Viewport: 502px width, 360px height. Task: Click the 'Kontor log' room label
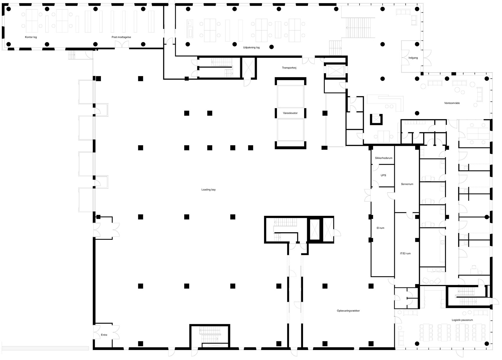pyautogui.click(x=31, y=37)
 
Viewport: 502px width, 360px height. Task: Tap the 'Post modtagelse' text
pyautogui.click(x=121, y=37)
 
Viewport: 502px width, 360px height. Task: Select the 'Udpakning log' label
pyautogui.click(x=251, y=48)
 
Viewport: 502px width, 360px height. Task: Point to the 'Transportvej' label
pyautogui.click(x=289, y=68)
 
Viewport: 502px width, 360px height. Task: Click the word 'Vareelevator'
pyautogui.click(x=290, y=113)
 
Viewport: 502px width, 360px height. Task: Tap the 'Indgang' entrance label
pyautogui.click(x=413, y=58)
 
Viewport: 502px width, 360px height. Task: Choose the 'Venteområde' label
pyautogui.click(x=452, y=103)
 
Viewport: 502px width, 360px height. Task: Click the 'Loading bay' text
pyautogui.click(x=208, y=190)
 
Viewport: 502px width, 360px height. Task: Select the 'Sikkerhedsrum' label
pyautogui.click(x=384, y=158)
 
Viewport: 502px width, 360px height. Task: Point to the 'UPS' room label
pyautogui.click(x=383, y=175)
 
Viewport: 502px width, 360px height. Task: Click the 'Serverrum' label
pyautogui.click(x=407, y=184)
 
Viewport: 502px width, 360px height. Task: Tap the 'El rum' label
pyautogui.click(x=380, y=228)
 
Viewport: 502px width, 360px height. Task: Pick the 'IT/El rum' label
pyautogui.click(x=405, y=253)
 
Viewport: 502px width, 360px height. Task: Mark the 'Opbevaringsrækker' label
pyautogui.click(x=348, y=311)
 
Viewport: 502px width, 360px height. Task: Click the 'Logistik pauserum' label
pyautogui.click(x=462, y=320)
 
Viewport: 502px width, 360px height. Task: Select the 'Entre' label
pyautogui.click(x=104, y=335)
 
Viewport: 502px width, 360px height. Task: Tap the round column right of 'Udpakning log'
pyautogui.click(x=271, y=47)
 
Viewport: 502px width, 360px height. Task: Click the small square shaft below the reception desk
pyautogui.click(x=376, y=119)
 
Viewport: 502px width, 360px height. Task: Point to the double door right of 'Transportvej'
pyautogui.click(x=308, y=61)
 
